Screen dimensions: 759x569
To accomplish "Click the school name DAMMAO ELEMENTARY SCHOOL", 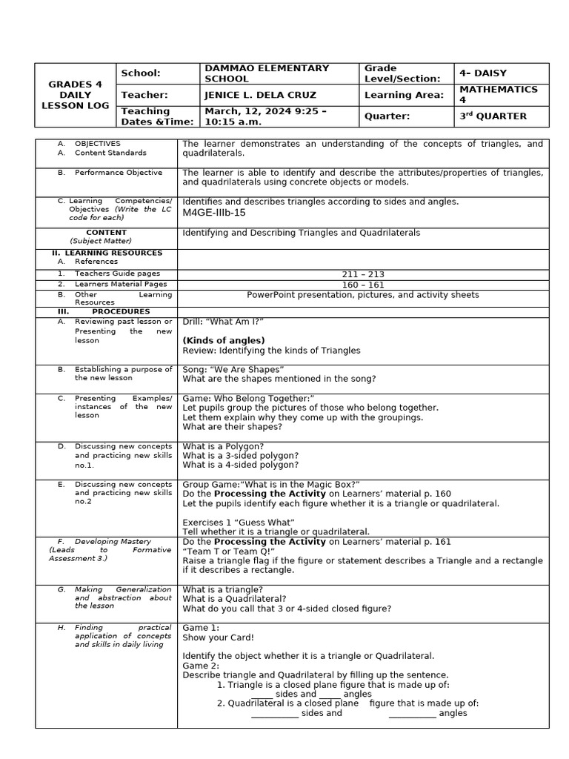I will click(x=266, y=73).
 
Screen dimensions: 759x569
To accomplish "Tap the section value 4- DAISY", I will click(x=482, y=73).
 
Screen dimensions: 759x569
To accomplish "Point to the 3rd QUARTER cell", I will click(x=493, y=116).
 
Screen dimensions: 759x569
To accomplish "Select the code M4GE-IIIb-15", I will click(x=214, y=213).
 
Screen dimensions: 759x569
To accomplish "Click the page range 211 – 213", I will click(x=362, y=274).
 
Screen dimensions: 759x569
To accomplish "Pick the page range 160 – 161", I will click(x=362, y=284).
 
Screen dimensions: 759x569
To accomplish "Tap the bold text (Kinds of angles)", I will click(x=223, y=340).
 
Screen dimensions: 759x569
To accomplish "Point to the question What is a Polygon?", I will click(x=223, y=446).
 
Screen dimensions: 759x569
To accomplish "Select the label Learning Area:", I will click(x=404, y=95).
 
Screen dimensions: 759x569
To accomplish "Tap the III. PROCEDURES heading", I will click(x=103, y=312).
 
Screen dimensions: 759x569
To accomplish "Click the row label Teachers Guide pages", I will click(x=117, y=274).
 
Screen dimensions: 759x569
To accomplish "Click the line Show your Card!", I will click(x=218, y=637).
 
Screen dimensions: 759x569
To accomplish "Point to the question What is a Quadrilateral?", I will click(x=234, y=599).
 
